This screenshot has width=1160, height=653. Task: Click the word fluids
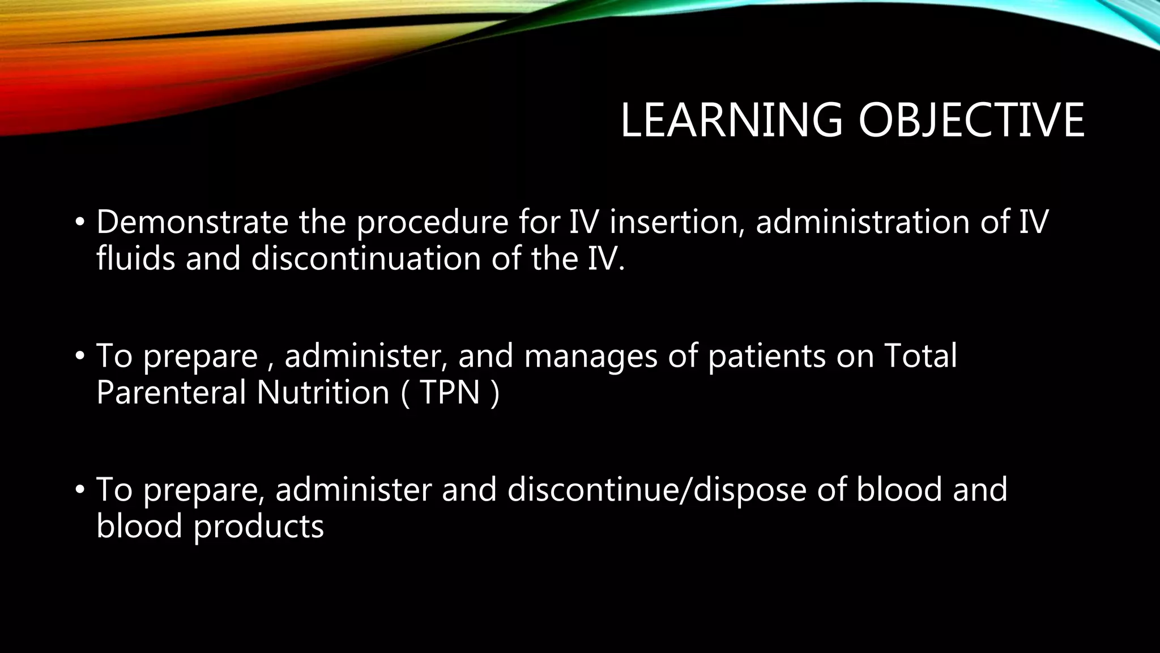click(136, 258)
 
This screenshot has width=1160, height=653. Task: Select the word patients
click(767, 356)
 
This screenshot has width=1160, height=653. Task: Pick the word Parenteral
click(172, 392)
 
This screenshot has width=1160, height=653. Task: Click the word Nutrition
click(323, 392)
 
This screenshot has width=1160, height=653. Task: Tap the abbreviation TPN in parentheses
click(450, 392)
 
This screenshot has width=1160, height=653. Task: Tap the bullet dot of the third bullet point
click(79, 490)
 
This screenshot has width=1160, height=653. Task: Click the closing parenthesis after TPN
click(496, 393)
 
